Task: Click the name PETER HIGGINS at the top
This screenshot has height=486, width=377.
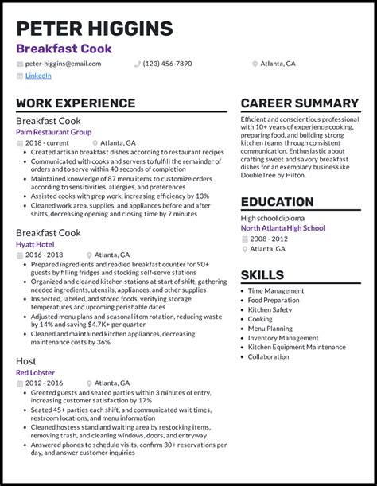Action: pyautogui.click(x=94, y=29)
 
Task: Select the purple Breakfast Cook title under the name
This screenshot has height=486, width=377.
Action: pyautogui.click(x=64, y=49)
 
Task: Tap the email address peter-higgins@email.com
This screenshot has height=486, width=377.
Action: pyautogui.click(x=63, y=64)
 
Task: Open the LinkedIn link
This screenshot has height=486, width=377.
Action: pyautogui.click(x=38, y=76)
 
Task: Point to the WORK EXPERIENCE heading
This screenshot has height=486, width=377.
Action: pyautogui.click(x=76, y=103)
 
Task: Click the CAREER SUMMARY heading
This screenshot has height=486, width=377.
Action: pyautogui.click(x=299, y=103)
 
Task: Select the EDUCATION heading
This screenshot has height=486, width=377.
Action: pyautogui.click(x=277, y=201)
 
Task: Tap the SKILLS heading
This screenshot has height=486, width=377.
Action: pyautogui.click(x=262, y=275)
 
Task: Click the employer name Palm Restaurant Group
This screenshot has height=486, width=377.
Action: pyautogui.click(x=53, y=132)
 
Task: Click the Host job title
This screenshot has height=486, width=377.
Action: pyautogui.click(x=27, y=361)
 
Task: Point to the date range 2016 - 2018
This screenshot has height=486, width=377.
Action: pyautogui.click(x=45, y=255)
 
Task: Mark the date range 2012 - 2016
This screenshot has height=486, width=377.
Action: pyautogui.click(x=45, y=383)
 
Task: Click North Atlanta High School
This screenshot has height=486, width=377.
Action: pyautogui.click(x=282, y=228)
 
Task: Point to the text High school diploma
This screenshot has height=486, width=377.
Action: pyautogui.click(x=273, y=218)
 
